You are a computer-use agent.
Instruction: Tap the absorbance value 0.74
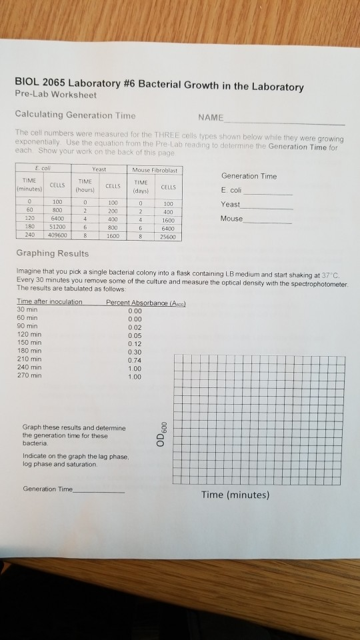click(135, 359)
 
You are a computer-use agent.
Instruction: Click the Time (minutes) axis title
click(236, 495)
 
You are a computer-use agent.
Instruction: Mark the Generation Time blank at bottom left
click(100, 489)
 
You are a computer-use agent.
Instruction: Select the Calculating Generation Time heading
click(75, 115)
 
